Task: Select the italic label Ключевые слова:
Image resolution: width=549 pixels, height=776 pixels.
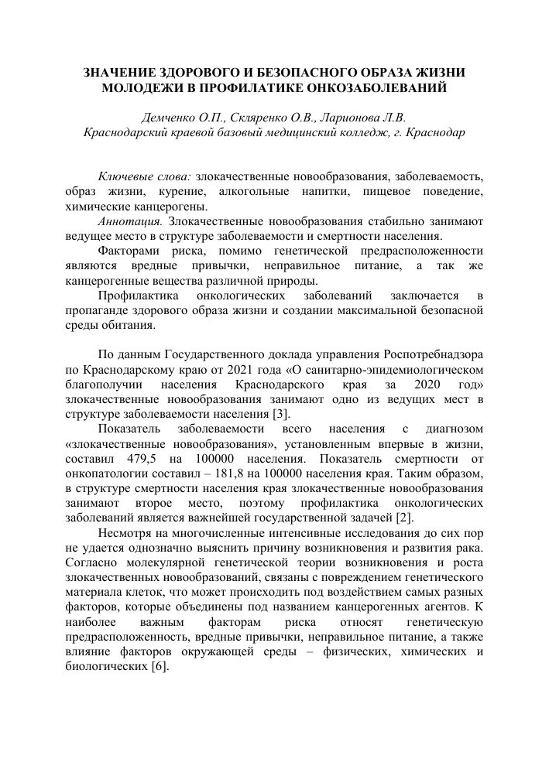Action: (x=145, y=177)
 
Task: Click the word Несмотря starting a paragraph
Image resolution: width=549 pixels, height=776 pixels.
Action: (x=126, y=533)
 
